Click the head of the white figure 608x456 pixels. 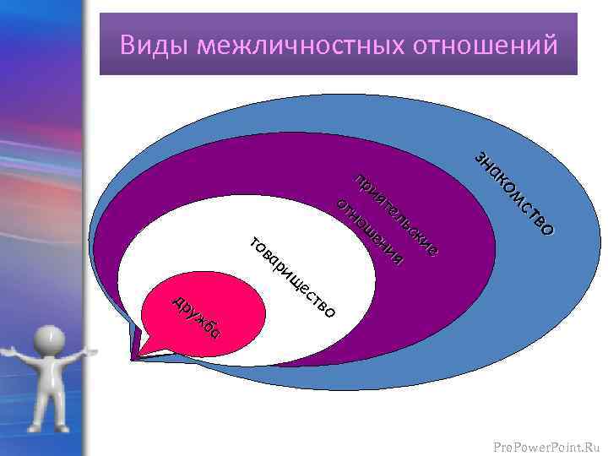pyautogui.click(x=50, y=343)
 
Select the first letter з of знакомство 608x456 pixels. pyautogui.click(x=480, y=158)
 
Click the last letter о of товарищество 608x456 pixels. pyautogui.click(x=330, y=313)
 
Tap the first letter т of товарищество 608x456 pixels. pyautogui.click(x=254, y=244)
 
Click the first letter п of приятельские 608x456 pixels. pyautogui.click(x=359, y=180)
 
